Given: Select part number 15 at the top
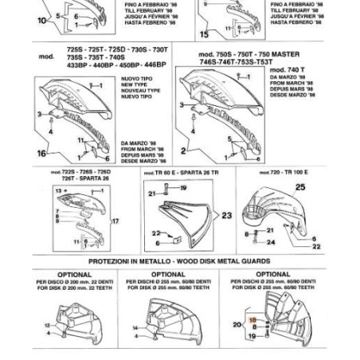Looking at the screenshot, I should coord(205,34).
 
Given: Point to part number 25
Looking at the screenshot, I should coord(300,187).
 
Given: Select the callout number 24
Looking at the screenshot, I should coord(292,243).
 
